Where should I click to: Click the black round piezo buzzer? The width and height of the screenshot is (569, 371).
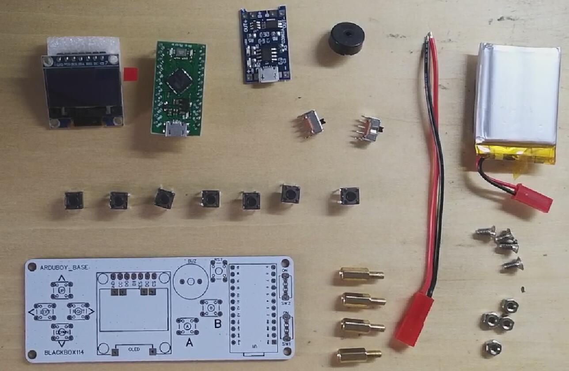click(346, 38)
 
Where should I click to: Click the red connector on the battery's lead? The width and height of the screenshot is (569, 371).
click(532, 198)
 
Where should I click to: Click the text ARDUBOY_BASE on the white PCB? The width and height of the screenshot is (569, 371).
click(64, 268)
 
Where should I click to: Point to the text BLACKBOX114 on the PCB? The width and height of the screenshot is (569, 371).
click(64, 352)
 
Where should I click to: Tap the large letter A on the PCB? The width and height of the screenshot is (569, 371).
click(189, 342)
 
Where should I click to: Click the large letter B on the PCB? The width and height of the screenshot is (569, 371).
click(217, 324)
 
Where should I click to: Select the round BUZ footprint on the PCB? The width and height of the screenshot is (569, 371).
click(191, 281)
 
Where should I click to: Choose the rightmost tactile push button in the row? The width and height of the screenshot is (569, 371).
click(350, 195)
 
